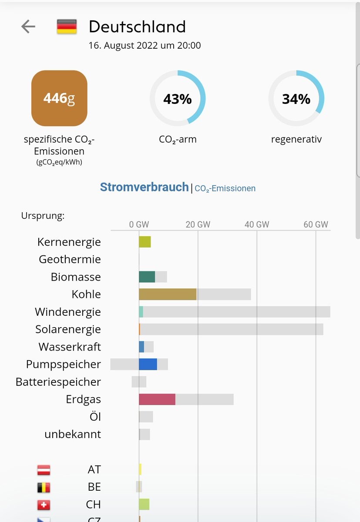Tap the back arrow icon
[x=28, y=27]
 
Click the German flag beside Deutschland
[x=67, y=27]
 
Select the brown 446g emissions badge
[x=59, y=98]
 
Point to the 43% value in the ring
[x=178, y=99]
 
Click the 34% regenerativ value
[x=296, y=99]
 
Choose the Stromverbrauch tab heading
[x=144, y=187]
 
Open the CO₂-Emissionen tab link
[x=225, y=188]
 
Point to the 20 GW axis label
[x=198, y=224]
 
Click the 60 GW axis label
[x=316, y=224]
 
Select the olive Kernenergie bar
[x=145, y=242]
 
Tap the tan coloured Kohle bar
[x=168, y=294]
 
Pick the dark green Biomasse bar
[x=147, y=277]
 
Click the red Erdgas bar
[x=157, y=399]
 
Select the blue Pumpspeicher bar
[x=148, y=364]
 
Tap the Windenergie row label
[x=68, y=312]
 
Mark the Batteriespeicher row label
[x=58, y=382]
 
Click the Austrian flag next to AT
[x=44, y=470]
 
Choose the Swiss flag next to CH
[x=44, y=505]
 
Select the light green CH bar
[x=144, y=505]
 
